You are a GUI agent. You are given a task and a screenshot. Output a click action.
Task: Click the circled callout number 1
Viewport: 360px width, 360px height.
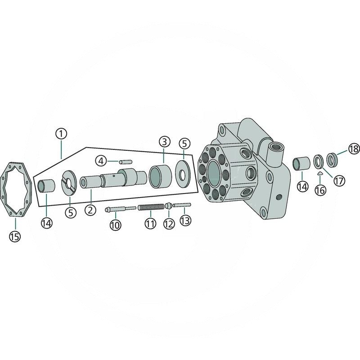(x=61, y=134)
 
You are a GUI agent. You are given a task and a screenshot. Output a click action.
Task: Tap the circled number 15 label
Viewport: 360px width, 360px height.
(x=15, y=237)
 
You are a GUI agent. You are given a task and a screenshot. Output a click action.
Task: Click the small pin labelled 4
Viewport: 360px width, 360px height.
(x=126, y=162)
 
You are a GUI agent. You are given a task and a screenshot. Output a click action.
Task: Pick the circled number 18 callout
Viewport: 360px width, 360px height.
(x=354, y=149)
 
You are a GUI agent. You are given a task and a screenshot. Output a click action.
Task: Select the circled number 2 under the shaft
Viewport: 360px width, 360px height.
(x=90, y=210)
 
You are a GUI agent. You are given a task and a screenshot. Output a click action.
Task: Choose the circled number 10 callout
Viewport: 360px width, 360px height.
(x=115, y=225)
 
